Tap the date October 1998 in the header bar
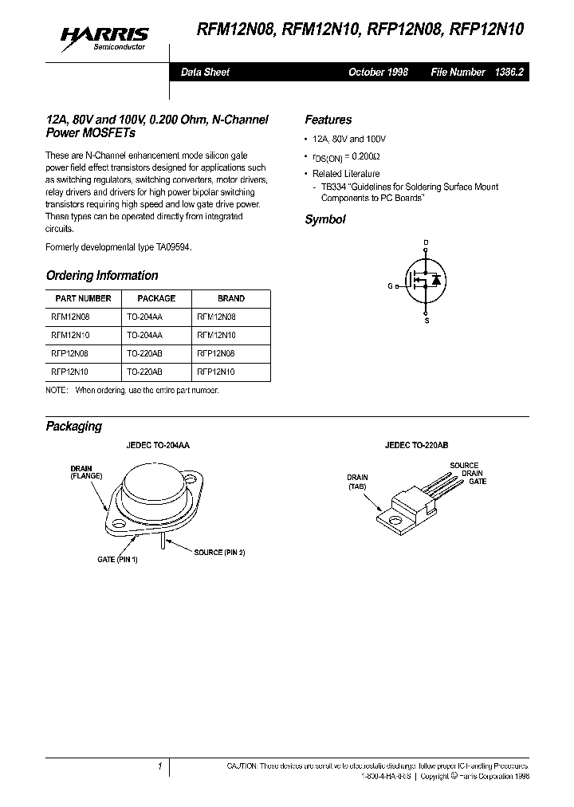pos(378,72)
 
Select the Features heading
pos(328,120)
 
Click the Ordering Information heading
pos(102,275)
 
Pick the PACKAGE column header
pos(156,298)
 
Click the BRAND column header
pos(231,298)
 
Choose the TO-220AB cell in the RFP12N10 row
pos(145,372)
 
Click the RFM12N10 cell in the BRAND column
pos(216,335)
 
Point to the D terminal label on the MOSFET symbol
pos(425,242)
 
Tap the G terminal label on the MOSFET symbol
pos(391,285)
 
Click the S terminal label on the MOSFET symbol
pos(426,321)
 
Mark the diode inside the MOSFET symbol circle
pos(435,281)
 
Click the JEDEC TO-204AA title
pos(160,448)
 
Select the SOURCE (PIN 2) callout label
pos(219,552)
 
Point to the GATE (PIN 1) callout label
pos(118,559)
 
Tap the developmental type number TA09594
pos(170,247)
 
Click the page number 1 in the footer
pos(160,766)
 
